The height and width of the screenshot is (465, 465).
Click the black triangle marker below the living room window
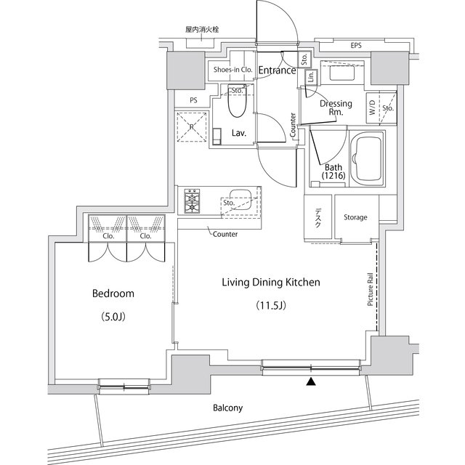point(311,381)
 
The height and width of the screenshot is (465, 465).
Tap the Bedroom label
point(113,294)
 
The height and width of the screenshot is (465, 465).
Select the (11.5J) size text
point(271,305)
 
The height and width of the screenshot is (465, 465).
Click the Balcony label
point(227,408)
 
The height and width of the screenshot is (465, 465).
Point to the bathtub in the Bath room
point(367,158)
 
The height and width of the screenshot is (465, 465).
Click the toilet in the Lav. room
point(237,100)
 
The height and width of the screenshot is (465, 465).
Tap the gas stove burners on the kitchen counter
point(192,201)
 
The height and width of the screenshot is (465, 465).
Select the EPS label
point(356,45)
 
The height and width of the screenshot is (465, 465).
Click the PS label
point(193,100)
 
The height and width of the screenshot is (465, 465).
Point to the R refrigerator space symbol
point(192,127)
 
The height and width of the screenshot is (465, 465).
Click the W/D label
point(373,108)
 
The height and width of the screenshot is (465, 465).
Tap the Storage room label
point(355,217)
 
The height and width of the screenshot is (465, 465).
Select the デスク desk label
point(318,218)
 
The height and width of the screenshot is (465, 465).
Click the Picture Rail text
point(370,289)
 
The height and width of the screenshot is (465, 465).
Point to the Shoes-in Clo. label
point(232,70)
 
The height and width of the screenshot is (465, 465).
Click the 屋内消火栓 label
point(202,29)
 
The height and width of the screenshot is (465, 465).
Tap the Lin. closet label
point(311,77)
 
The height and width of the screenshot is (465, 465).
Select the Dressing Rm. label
point(336,108)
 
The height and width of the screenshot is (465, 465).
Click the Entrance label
point(278,70)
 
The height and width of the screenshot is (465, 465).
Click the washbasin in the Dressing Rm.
point(342,73)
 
